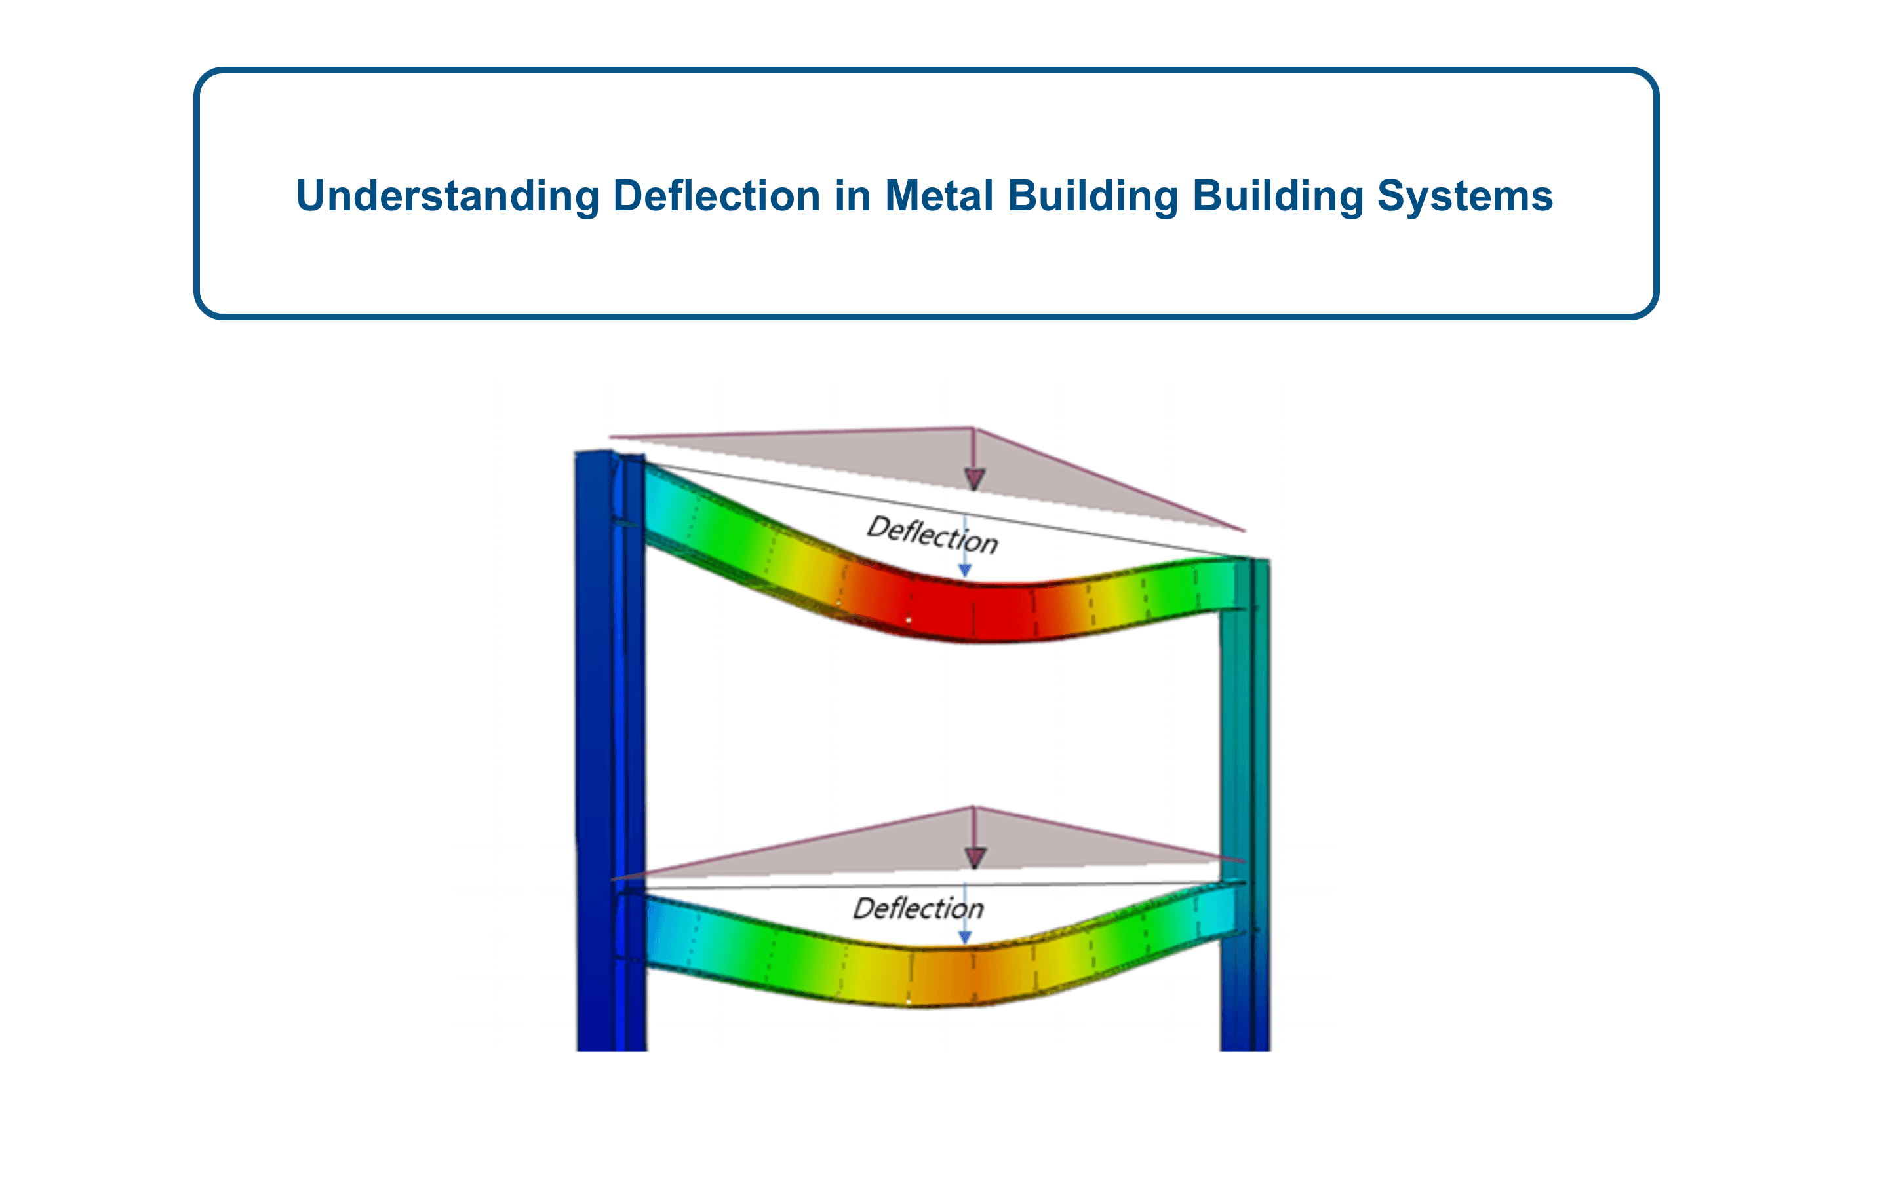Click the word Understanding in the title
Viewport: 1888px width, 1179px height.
tap(447, 196)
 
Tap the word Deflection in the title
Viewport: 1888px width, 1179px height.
tap(716, 195)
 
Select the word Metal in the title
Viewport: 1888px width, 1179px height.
tap(939, 195)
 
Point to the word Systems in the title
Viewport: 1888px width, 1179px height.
tap(1465, 196)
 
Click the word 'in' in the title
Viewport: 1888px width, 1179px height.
tap(852, 195)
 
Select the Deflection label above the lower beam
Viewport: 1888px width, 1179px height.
tap(918, 908)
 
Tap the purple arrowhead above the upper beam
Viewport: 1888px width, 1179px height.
tap(974, 479)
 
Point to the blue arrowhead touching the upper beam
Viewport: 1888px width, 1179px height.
tap(965, 571)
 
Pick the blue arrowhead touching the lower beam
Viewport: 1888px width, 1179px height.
tap(965, 937)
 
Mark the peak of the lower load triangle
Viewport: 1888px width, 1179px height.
tap(973, 807)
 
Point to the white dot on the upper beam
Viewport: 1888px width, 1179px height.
tap(908, 620)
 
